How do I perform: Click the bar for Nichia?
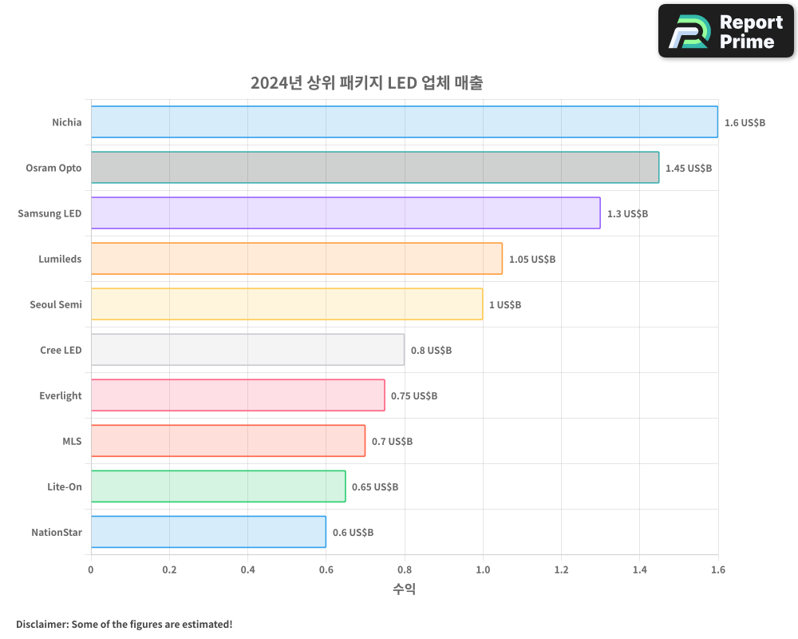(x=404, y=122)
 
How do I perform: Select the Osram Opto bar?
(x=375, y=168)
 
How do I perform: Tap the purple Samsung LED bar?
(x=346, y=213)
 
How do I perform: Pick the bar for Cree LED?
(x=247, y=350)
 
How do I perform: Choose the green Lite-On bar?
(x=218, y=486)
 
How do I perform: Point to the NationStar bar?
(x=208, y=532)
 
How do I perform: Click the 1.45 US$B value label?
(x=689, y=169)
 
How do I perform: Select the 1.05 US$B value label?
(x=532, y=260)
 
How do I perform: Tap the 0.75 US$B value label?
(x=414, y=396)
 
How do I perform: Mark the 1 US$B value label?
(x=505, y=305)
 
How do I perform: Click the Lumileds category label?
(x=60, y=259)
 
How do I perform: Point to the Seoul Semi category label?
(x=56, y=304)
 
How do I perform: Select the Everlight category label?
(x=61, y=395)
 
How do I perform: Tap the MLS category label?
(x=72, y=441)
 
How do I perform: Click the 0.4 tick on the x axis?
(x=247, y=570)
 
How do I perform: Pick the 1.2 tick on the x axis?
(x=561, y=570)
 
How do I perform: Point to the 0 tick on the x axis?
(x=91, y=570)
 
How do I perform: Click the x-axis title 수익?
(x=404, y=589)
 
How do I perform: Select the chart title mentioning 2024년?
(x=366, y=83)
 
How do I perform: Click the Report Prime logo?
(x=726, y=31)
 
